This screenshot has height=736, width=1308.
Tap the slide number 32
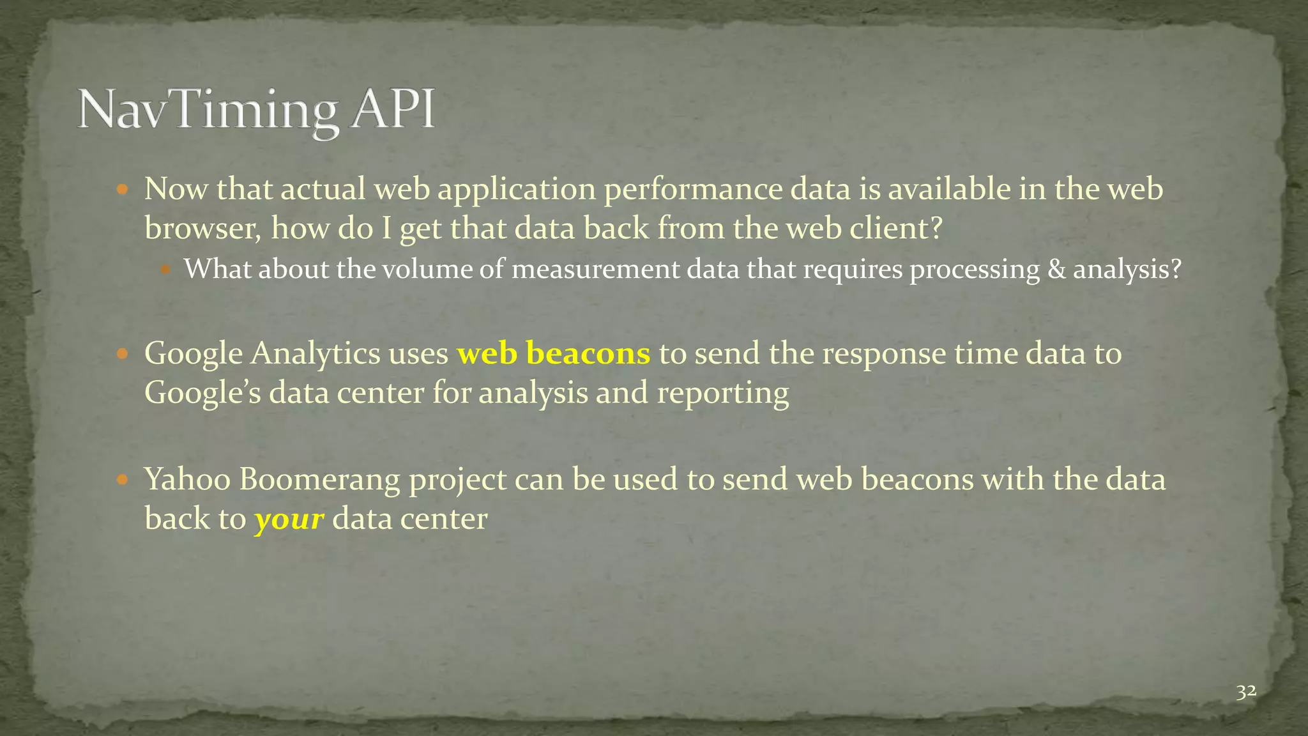[1245, 692]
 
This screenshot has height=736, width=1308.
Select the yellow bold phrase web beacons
[553, 353]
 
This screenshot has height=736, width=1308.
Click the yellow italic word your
[289, 519]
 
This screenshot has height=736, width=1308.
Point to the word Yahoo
[187, 479]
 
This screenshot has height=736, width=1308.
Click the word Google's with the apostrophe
[202, 392]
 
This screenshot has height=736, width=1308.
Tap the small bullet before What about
[166, 270]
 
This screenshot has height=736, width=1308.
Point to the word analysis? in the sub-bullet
[1127, 270]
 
